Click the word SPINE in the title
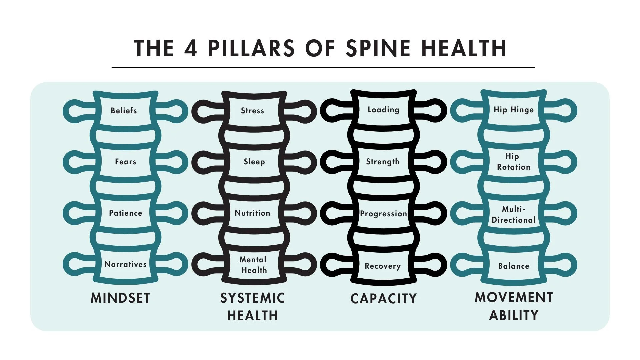pyautogui.click(x=378, y=48)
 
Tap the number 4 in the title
pyautogui.click(x=191, y=48)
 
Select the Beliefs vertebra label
pyautogui.click(x=124, y=111)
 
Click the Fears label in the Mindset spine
pyautogui.click(x=125, y=162)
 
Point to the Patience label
pyautogui.click(x=125, y=213)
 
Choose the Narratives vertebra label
pyautogui.click(x=125, y=264)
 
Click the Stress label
pyautogui.click(x=252, y=111)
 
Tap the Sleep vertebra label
pyautogui.click(x=254, y=162)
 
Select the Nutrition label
pyautogui.click(x=252, y=213)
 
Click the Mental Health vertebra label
pyautogui.click(x=254, y=265)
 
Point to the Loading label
pyautogui.click(x=383, y=110)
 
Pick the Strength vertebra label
pyautogui.click(x=382, y=162)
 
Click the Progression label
pyautogui.click(x=383, y=214)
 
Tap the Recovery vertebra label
pyautogui.click(x=382, y=266)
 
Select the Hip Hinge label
pyautogui.click(x=513, y=110)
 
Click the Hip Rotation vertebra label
pyautogui.click(x=513, y=162)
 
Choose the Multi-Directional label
pyautogui.click(x=513, y=215)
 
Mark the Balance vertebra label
pyautogui.click(x=513, y=266)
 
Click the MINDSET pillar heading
pyautogui.click(x=120, y=298)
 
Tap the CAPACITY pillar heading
pyautogui.click(x=383, y=299)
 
